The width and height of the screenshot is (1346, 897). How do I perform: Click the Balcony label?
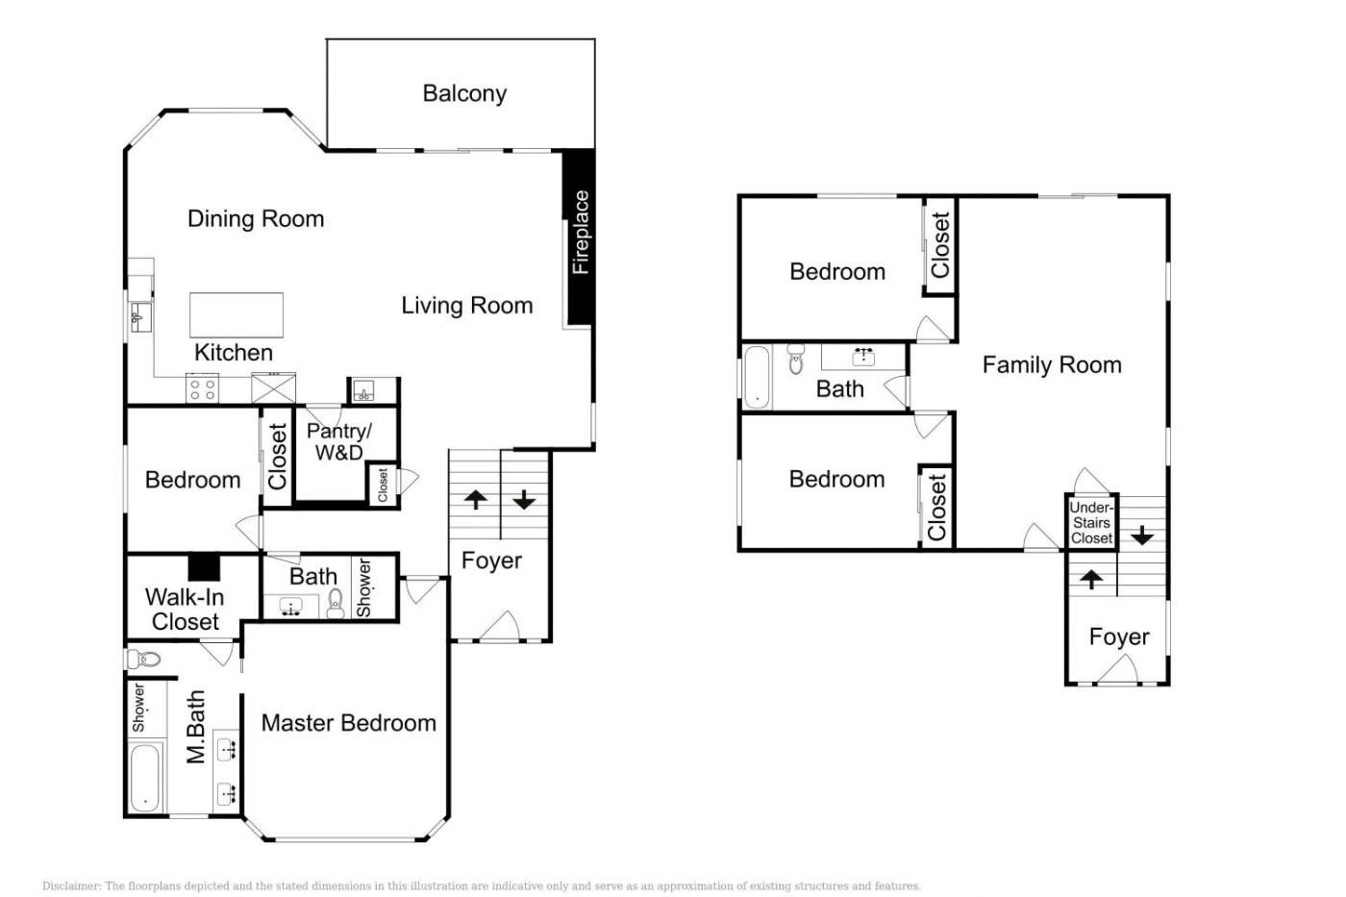pos(464,93)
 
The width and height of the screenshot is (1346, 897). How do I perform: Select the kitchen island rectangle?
pos(237,314)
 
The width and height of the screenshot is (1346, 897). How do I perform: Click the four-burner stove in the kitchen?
pos(202,388)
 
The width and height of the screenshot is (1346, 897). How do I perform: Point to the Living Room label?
pos(467,306)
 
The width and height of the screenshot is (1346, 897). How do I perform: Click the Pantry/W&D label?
pos(339,441)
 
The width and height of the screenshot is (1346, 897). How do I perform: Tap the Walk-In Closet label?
pos(185,610)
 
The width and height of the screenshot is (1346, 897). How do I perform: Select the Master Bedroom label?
pos(348,723)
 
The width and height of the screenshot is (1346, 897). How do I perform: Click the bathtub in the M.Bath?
pos(145,778)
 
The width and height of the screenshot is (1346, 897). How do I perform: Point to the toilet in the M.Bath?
pos(143,660)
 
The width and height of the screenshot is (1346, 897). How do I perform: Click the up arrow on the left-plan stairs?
pos(476,499)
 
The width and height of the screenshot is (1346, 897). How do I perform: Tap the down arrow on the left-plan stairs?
pos(525,499)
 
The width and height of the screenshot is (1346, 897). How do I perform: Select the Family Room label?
pos(1052,365)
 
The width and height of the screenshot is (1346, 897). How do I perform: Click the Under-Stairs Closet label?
pos(1091,523)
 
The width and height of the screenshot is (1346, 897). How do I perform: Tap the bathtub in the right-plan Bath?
pos(757,377)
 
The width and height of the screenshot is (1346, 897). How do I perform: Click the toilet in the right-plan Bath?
pos(796,360)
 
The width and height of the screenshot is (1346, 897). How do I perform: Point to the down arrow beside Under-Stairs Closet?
pos(1142,536)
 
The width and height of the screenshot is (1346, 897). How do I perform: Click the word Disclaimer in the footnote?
pos(71,886)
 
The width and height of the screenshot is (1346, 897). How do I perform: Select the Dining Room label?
pos(256,218)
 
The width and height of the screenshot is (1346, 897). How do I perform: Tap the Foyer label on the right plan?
pos(1119,636)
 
